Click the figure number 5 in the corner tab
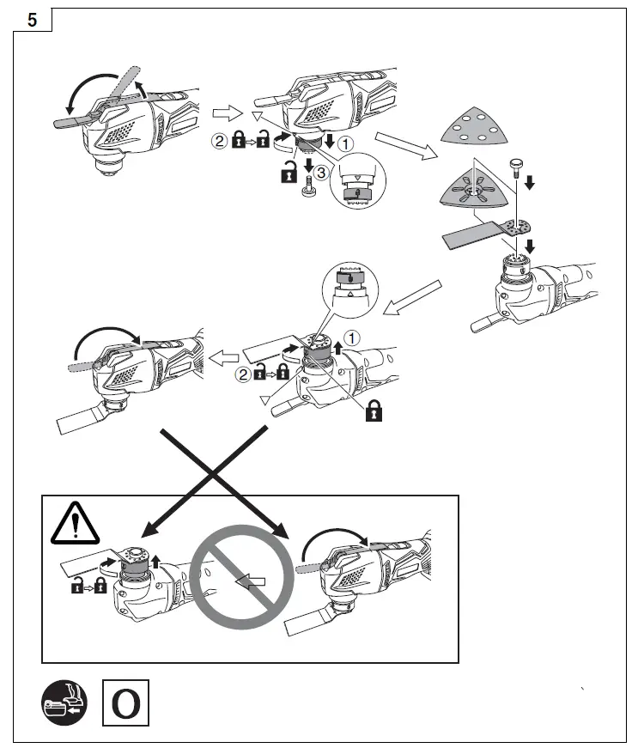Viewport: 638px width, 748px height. [x=33, y=19]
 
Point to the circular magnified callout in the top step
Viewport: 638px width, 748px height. [x=352, y=180]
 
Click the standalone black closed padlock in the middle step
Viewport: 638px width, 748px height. [x=374, y=411]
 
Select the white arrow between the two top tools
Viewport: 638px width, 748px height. [x=225, y=113]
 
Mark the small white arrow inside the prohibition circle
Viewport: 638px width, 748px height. [x=252, y=582]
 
